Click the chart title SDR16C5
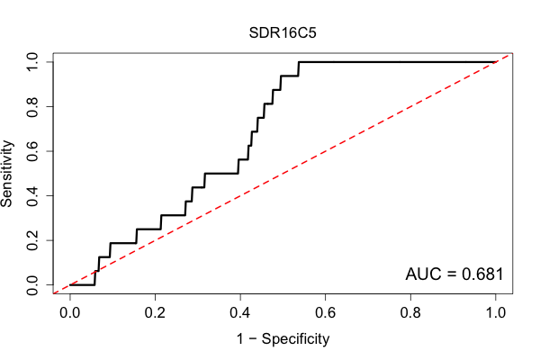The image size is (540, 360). click(283, 33)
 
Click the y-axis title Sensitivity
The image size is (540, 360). click(6, 174)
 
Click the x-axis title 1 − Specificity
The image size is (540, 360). click(283, 339)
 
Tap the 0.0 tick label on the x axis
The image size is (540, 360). click(70, 313)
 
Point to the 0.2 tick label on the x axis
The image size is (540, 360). click(155, 313)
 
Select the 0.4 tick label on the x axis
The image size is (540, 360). click(240, 313)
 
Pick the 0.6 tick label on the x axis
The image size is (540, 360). click(325, 313)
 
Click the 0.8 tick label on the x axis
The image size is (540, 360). click(410, 313)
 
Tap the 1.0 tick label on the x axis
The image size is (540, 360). click(496, 313)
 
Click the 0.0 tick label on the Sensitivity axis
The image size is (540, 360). click(32, 285)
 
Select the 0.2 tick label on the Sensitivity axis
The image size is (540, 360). click(32, 240)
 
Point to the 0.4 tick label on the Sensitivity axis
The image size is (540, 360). click(32, 195)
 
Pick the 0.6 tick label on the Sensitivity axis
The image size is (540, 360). click(32, 151)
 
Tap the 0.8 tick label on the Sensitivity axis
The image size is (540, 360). click(32, 107)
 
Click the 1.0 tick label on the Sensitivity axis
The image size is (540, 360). click(32, 62)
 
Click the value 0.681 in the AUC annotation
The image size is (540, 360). click(482, 274)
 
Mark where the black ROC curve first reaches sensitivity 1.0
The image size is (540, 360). click(299, 62)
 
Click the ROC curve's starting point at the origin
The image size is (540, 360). click(70, 285)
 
